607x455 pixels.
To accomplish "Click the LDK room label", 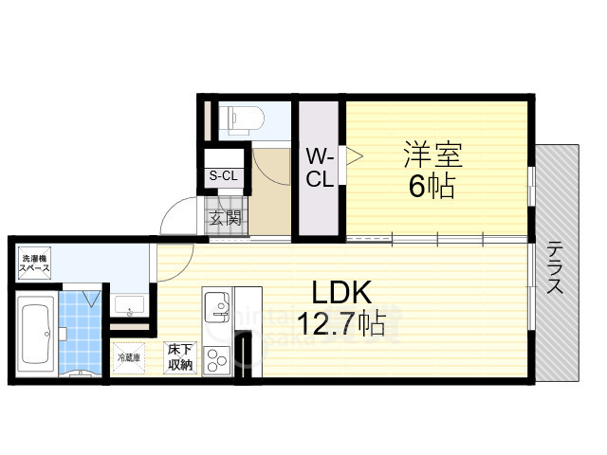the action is pyautogui.click(x=341, y=293).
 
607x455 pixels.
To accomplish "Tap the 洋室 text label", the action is pyautogui.click(x=432, y=155).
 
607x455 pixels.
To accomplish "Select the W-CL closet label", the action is pyautogui.click(x=321, y=169).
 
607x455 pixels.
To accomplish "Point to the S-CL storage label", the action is pyautogui.click(x=224, y=176).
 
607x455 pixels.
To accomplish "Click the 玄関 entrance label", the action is pyautogui.click(x=226, y=218).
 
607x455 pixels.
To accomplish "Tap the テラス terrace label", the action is pyautogui.click(x=555, y=267).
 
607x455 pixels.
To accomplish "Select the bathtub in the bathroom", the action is pyautogui.click(x=36, y=334).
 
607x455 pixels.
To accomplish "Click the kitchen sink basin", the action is pyautogui.click(x=217, y=306).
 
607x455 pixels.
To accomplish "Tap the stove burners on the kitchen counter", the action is pyautogui.click(x=217, y=360).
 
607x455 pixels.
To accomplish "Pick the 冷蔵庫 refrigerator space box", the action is pyautogui.click(x=129, y=358).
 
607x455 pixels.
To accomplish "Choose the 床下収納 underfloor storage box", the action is pyautogui.click(x=180, y=358).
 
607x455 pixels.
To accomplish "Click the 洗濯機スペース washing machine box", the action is pyautogui.click(x=34, y=264).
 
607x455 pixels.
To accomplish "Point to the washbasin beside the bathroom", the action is pyautogui.click(x=129, y=305).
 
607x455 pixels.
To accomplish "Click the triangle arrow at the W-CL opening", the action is pyautogui.click(x=354, y=156).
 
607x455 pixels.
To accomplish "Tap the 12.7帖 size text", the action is pyautogui.click(x=341, y=324).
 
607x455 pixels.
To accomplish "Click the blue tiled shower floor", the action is pyautogui.click(x=80, y=333).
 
